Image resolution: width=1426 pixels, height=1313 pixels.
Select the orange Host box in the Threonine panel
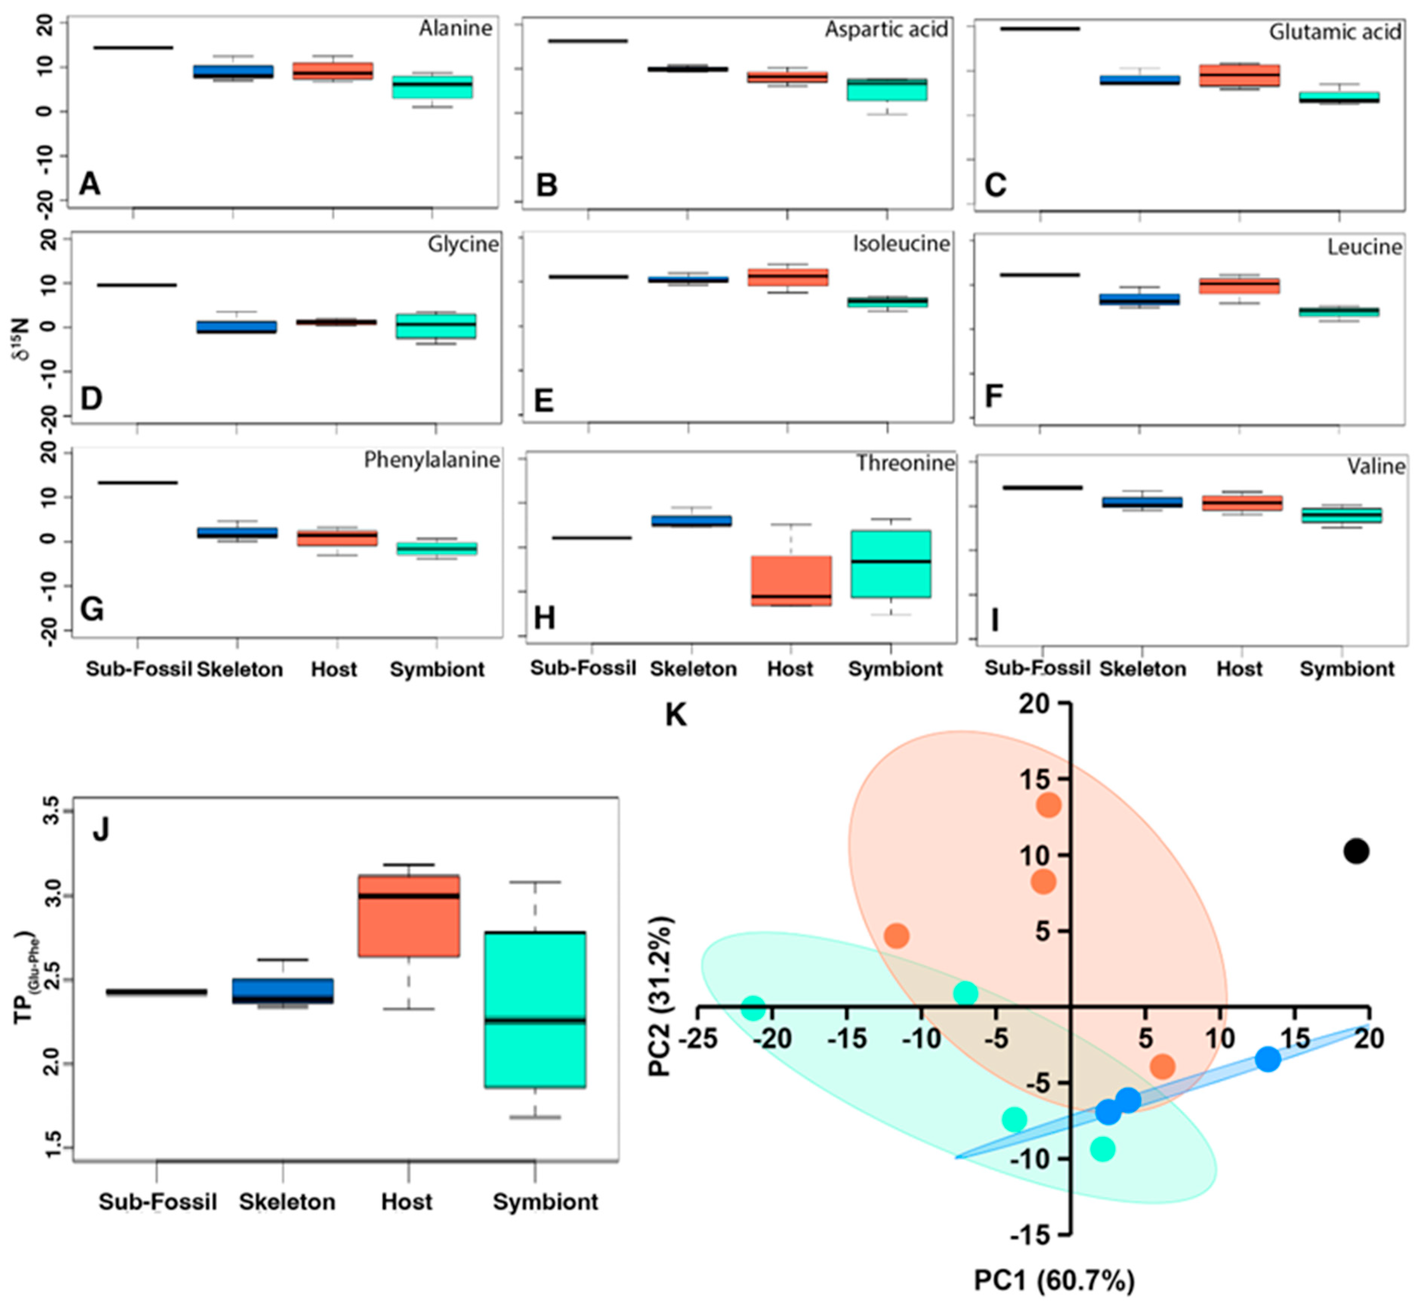coord(791,581)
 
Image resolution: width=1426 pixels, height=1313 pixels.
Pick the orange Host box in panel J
coord(409,916)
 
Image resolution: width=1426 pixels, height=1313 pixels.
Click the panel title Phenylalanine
coord(432,460)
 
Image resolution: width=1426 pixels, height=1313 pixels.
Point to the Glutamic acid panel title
coord(1335,32)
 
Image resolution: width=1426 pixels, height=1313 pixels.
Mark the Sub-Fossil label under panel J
coord(158,1202)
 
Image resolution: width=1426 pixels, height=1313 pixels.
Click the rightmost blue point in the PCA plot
coord(1268,1059)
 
